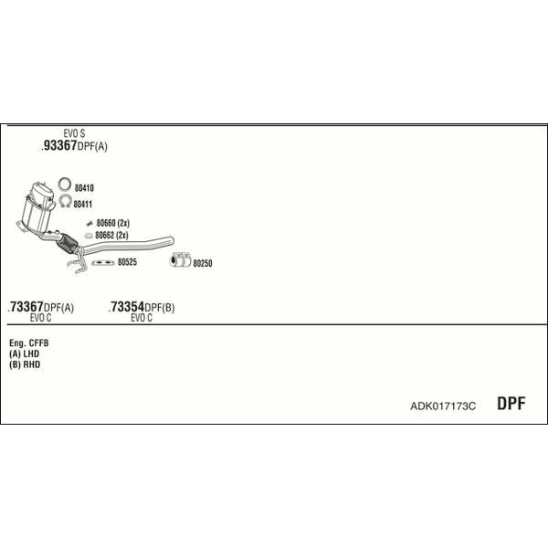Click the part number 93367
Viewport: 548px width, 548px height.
coord(59,145)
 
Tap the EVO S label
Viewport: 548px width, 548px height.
coord(74,133)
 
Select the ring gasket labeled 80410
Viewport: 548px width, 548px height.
coord(65,184)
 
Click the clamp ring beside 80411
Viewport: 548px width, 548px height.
coord(66,201)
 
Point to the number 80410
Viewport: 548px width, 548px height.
coord(84,188)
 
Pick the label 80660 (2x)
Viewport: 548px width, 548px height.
coord(113,223)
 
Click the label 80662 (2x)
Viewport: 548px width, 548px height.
coord(111,236)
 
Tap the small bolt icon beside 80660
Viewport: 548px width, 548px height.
coord(90,224)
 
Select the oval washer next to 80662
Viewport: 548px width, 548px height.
coord(89,236)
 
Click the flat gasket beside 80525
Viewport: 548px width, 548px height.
coord(103,262)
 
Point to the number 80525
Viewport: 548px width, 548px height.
coord(127,262)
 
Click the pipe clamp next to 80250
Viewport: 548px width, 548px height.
coord(180,259)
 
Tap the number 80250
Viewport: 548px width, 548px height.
coord(203,264)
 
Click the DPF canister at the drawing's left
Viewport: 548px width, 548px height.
coord(37,208)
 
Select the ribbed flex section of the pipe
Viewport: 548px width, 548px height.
coord(68,243)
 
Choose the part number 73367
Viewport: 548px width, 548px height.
coord(26,307)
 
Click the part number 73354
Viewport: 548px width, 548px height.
coord(127,307)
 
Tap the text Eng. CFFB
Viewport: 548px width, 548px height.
coord(29,343)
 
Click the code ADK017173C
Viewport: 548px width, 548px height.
coord(443,406)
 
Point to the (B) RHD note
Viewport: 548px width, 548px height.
coord(25,364)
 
